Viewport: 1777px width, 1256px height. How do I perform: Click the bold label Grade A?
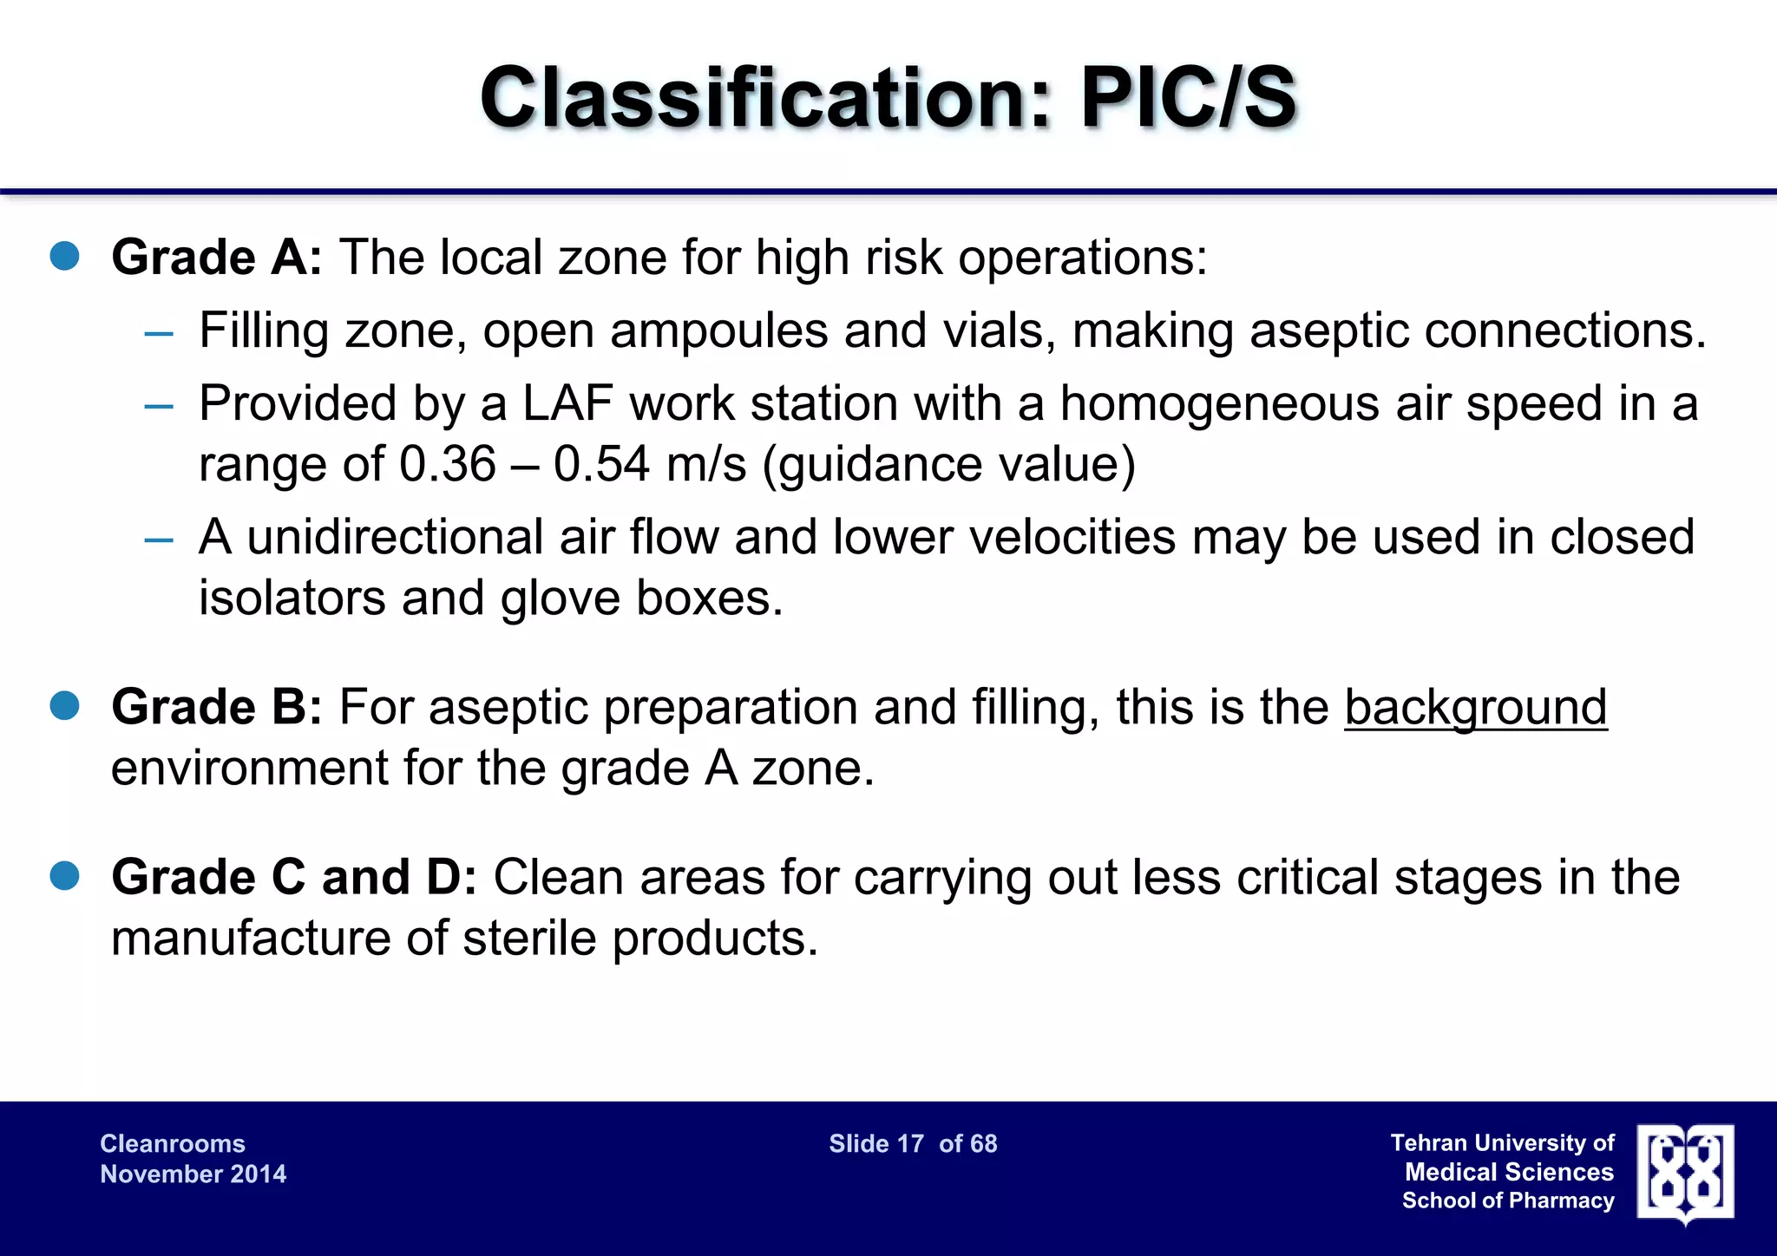coord(217,258)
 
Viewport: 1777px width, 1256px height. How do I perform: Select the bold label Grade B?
coord(217,707)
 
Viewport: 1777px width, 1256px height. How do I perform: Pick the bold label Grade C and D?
coord(293,877)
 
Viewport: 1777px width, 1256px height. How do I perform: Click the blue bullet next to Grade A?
coord(65,257)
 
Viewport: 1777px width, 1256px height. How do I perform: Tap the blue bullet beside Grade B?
coord(65,706)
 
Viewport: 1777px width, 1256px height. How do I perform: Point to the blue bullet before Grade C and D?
coord(65,876)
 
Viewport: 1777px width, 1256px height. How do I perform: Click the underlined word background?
coord(1475,707)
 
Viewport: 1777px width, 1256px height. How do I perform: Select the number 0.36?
coord(447,464)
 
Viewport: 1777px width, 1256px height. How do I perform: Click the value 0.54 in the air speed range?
coord(601,464)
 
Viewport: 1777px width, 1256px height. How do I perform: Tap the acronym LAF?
coord(567,404)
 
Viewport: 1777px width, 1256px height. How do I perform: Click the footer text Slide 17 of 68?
coord(913,1144)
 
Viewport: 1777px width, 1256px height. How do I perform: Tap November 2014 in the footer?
coord(193,1174)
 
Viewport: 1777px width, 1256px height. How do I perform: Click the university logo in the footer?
coord(1685,1174)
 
